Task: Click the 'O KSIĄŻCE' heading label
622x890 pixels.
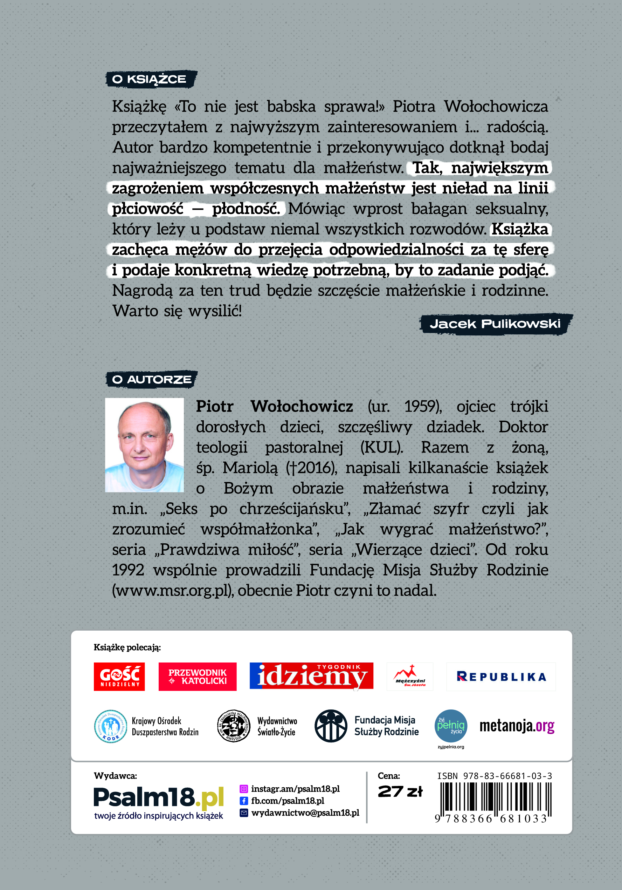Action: pos(151,80)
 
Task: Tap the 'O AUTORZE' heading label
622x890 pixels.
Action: pos(151,380)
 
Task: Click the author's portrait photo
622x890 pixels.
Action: pos(144,445)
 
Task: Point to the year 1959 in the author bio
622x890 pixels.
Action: pos(422,407)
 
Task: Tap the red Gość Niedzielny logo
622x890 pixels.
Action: pos(119,677)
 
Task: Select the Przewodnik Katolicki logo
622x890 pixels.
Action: pos(198,677)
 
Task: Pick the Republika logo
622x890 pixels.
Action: pos(501,677)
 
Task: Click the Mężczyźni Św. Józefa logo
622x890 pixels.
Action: pos(410,677)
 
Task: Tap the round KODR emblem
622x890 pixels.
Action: pos(111,726)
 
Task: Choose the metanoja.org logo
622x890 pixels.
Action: pos(517,726)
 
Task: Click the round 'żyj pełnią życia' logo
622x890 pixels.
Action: pos(451,726)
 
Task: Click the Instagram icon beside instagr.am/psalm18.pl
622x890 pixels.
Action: pos(244,789)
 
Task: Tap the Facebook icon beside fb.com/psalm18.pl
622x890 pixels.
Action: pos(244,801)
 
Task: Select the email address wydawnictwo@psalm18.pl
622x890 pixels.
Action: pos(305,813)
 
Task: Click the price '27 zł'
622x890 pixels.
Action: pos(400,792)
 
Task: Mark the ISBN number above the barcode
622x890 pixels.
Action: pos(495,776)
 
